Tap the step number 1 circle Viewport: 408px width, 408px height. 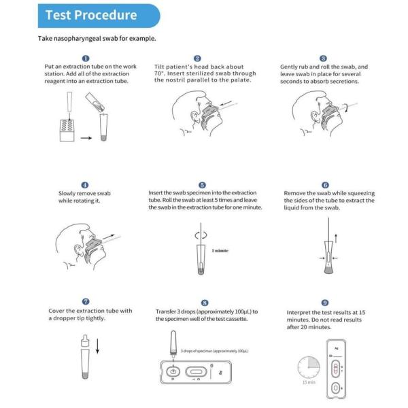[x=85, y=58]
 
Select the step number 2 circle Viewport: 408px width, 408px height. [x=197, y=58]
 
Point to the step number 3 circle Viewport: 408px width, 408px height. [x=323, y=58]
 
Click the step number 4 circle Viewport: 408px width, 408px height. [x=84, y=185]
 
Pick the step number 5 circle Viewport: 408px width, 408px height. [x=202, y=185]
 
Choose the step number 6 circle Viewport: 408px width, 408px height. [x=325, y=185]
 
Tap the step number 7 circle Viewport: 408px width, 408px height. [x=85, y=301]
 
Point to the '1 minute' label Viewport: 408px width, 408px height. [x=220, y=251]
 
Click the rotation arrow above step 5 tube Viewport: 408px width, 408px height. [x=201, y=233]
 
